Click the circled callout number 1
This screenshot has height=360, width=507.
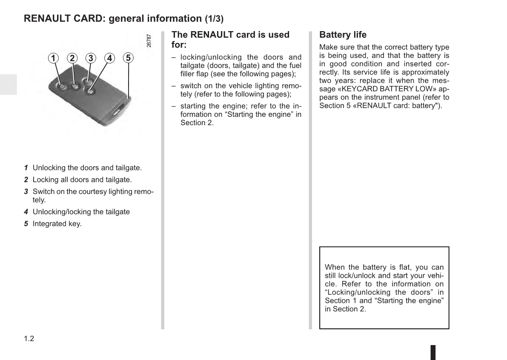[x=53, y=58]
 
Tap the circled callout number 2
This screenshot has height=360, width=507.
[x=72, y=58]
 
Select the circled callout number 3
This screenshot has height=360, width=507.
[x=91, y=58]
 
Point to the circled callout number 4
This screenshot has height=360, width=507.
[x=109, y=58]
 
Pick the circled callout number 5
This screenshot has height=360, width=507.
[x=128, y=58]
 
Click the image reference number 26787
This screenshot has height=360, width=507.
[x=149, y=40]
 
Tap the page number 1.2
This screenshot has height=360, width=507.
[x=29, y=339]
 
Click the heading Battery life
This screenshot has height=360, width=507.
[x=343, y=35]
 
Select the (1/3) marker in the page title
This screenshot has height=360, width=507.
[x=214, y=19]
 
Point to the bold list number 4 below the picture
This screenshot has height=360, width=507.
[x=26, y=212]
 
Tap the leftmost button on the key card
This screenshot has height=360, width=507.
[x=62, y=86]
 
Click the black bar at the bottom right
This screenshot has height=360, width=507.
[x=433, y=352]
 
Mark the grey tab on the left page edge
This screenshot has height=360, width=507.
[x=8, y=84]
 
